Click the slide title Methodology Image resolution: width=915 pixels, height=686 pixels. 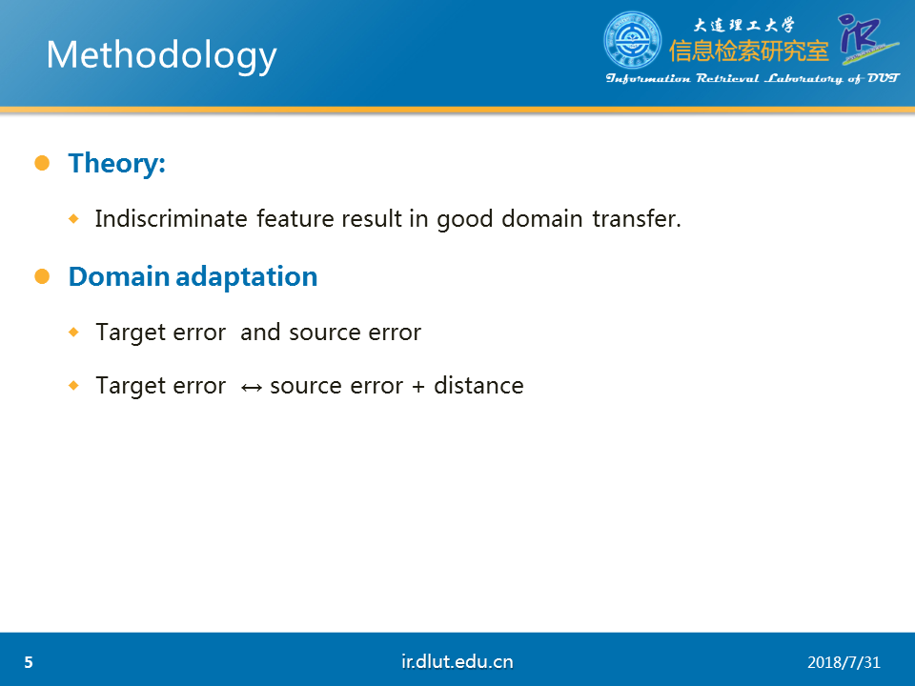(x=161, y=56)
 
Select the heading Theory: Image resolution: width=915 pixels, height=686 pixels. (x=116, y=163)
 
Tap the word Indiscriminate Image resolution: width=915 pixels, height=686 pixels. (x=172, y=219)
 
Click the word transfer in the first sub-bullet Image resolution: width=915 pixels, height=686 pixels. (x=636, y=219)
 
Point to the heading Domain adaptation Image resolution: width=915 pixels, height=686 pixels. (x=193, y=276)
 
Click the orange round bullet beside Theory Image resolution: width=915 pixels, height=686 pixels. (x=42, y=163)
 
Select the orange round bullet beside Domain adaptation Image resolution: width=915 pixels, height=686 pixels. (x=42, y=276)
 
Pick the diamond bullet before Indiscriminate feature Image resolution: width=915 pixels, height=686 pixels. (x=73, y=219)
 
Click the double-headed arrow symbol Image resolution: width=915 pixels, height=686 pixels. (x=252, y=388)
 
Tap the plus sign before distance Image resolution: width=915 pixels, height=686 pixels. (x=417, y=386)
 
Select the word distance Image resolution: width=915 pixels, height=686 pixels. (x=478, y=386)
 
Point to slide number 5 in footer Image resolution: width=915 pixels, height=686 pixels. (x=29, y=663)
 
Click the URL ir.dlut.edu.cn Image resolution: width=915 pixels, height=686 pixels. (x=457, y=661)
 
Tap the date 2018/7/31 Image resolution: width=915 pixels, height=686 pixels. (x=844, y=663)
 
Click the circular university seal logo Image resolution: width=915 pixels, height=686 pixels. (x=633, y=40)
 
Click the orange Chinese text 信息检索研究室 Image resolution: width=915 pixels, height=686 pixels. (x=749, y=51)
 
